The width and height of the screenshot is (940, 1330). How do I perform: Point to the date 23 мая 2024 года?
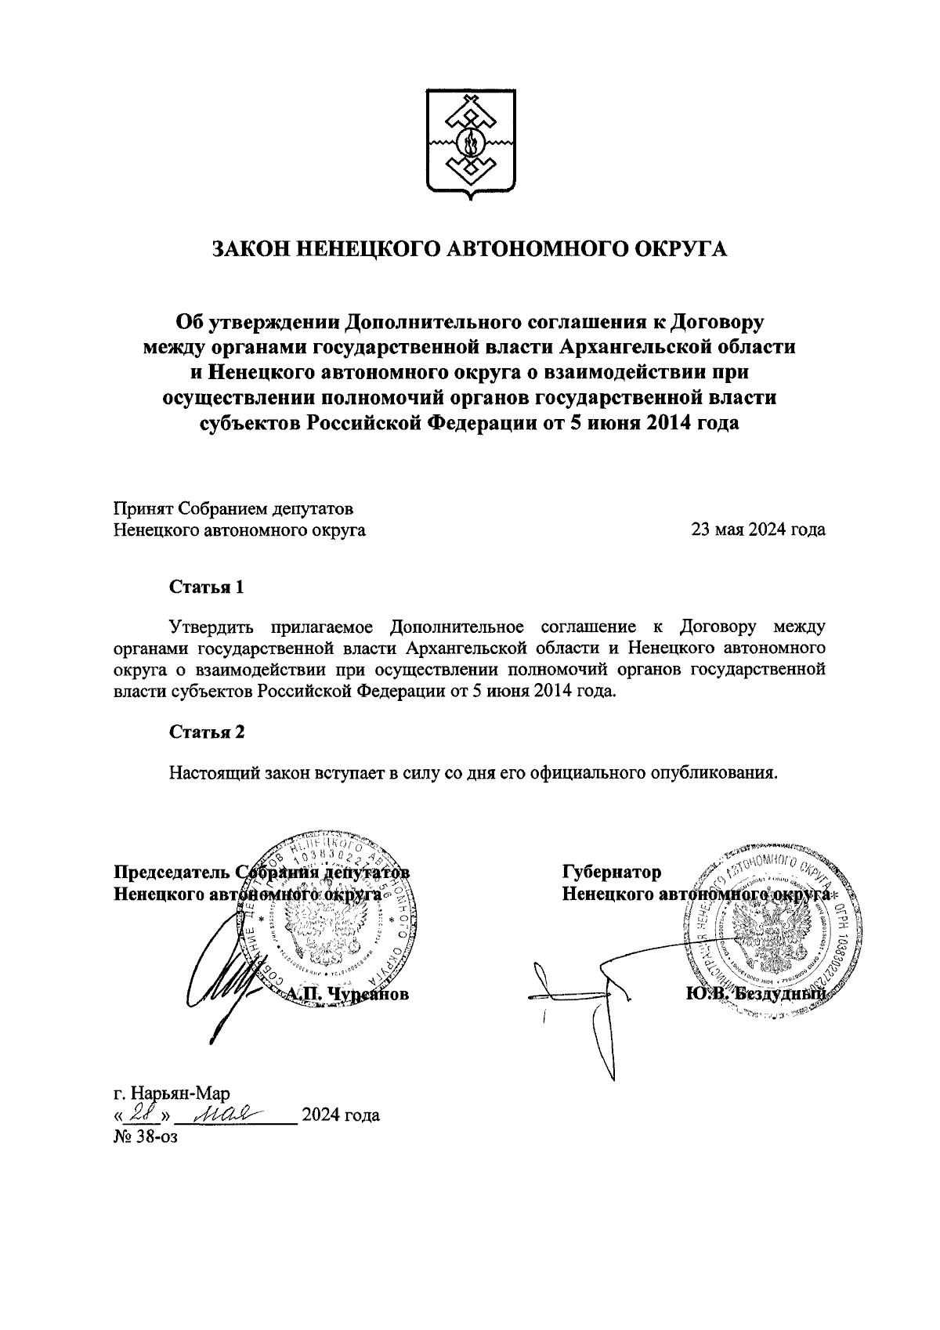point(757,529)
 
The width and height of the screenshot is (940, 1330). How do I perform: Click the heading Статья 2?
point(208,732)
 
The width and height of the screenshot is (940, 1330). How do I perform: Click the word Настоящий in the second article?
point(214,773)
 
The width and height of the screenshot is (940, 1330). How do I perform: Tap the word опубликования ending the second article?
point(714,773)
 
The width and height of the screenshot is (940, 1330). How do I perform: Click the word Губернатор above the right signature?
point(612,872)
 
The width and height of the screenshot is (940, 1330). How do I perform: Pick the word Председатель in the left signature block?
point(172,872)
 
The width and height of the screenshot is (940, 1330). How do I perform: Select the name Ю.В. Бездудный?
point(755,994)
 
